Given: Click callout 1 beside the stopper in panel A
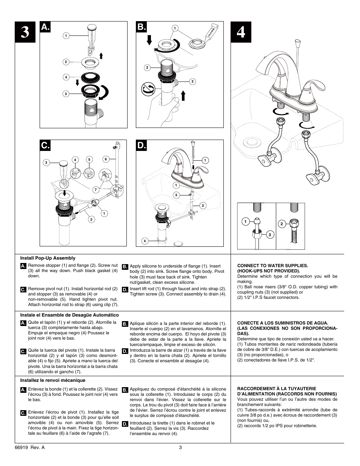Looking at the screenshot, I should click(66, 36).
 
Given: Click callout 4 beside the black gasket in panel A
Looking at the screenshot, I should click(66, 77).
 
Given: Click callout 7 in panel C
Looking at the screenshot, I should click(95, 189).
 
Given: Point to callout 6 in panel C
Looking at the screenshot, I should click(106, 159).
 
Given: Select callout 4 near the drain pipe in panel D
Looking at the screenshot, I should click(145, 241).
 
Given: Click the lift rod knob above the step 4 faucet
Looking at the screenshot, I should click(298, 42).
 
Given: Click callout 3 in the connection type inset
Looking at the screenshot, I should click(270, 235).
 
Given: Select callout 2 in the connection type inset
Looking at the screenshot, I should click(282, 224).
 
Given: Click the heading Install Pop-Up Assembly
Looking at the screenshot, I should click(48, 258).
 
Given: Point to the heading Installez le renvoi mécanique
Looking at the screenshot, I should click(53, 380).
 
